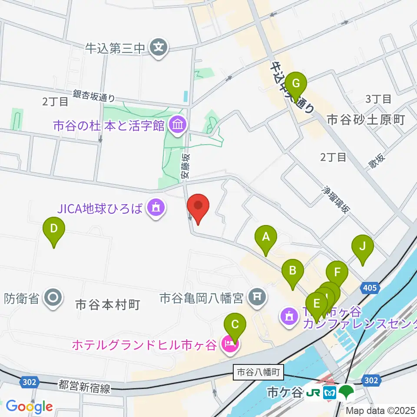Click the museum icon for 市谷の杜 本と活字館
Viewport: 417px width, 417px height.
[178, 126]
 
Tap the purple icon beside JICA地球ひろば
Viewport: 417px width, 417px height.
[156, 209]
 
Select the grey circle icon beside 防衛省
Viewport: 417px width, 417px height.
[54, 298]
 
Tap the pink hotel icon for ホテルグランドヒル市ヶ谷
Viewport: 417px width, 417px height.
[228, 345]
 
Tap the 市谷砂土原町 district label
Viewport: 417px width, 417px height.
[366, 119]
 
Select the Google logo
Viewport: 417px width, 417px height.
[29, 407]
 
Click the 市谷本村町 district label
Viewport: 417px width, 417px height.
[107, 305]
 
